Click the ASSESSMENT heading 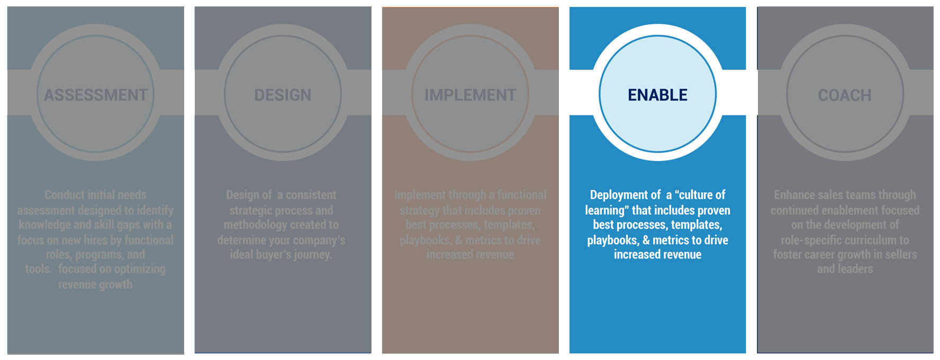tap(96, 95)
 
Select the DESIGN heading tap(283, 95)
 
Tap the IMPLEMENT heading tap(470, 95)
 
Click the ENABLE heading tap(657, 95)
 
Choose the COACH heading tap(845, 95)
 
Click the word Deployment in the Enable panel tap(618, 195)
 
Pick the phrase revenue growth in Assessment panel tap(95, 285)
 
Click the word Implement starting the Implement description tap(419, 195)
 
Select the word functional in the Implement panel tap(521, 195)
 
